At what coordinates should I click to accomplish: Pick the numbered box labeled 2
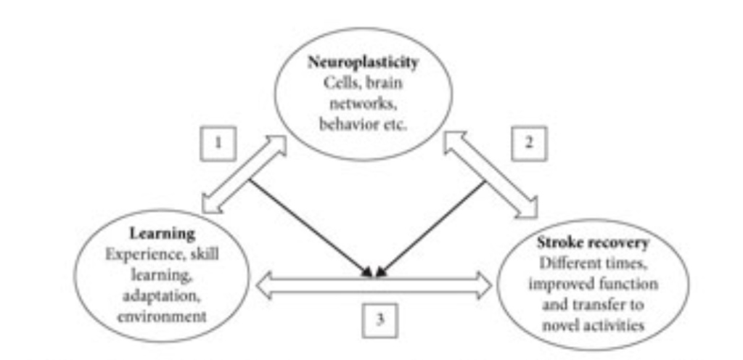tap(529, 143)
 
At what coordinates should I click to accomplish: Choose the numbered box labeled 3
tap(379, 320)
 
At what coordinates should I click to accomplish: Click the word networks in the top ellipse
tap(363, 102)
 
